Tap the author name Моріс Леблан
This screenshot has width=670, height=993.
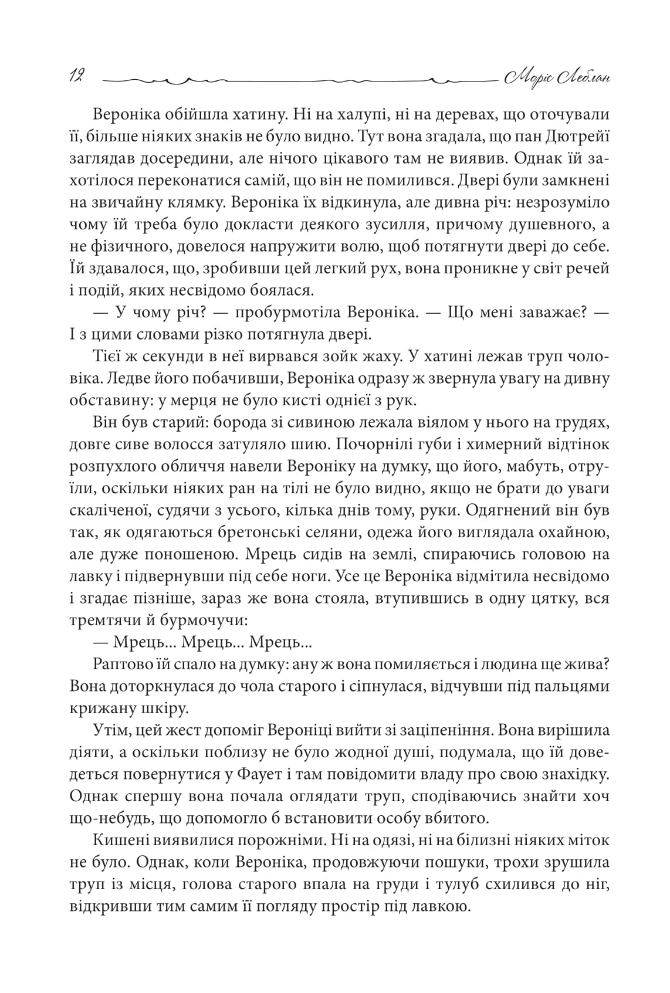click(x=554, y=77)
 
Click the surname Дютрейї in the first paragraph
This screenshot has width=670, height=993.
click(x=577, y=136)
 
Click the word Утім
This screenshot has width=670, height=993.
click(x=109, y=730)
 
